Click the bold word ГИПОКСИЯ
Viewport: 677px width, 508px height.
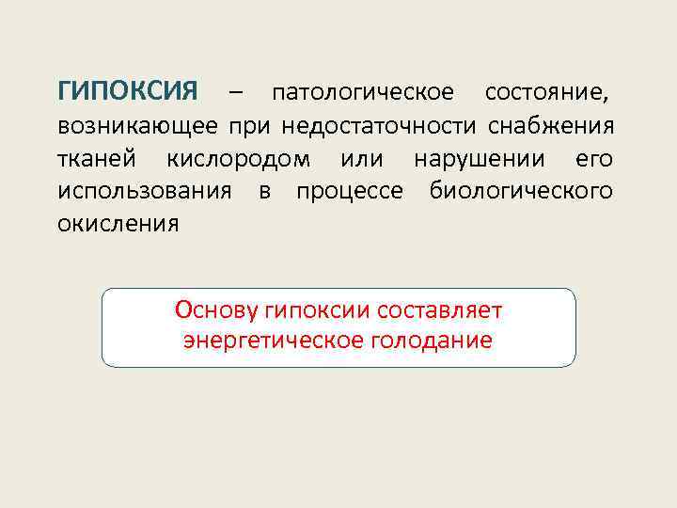128,92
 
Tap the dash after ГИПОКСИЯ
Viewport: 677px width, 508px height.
234,93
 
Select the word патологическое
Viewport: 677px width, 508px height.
362,93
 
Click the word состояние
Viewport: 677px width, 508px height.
549,93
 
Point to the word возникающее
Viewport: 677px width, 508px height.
137,126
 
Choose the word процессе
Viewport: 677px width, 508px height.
350,192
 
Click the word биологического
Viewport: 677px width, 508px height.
521,192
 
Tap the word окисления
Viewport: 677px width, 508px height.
118,225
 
